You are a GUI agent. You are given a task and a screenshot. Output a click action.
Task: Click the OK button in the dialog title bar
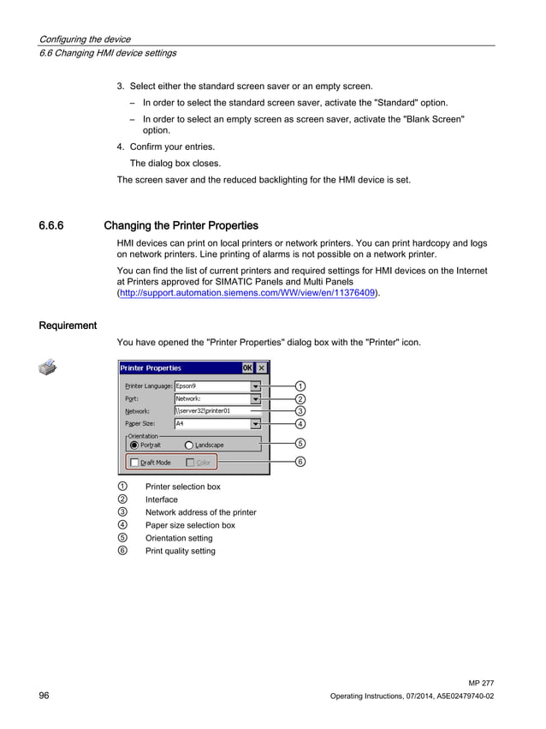[246, 367]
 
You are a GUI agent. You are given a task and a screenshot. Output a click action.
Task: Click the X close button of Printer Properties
[261, 367]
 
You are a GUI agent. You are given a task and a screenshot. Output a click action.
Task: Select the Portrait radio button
[134, 445]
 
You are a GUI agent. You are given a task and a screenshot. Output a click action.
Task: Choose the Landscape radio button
[188, 445]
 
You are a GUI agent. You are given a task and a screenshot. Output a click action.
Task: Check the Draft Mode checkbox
[134, 463]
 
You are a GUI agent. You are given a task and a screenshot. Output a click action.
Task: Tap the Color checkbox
[190, 463]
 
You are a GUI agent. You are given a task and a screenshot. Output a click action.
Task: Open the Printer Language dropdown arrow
[255, 386]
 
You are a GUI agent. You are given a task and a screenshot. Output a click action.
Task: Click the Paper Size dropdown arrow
[255, 423]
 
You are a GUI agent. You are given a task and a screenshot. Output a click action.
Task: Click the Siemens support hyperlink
[247, 293]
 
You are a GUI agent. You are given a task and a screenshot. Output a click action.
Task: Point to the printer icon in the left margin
[48, 368]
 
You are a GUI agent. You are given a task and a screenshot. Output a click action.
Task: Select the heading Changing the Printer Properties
[181, 226]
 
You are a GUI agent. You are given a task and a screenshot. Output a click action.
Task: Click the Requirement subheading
[68, 326]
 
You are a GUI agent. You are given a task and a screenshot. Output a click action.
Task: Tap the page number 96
[44, 696]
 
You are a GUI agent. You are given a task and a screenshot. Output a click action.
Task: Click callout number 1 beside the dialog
[300, 386]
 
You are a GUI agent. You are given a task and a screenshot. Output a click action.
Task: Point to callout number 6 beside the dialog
[300, 462]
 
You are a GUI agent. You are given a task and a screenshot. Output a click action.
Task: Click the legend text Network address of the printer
[200, 512]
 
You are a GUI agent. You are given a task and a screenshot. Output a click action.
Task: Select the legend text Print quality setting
[180, 551]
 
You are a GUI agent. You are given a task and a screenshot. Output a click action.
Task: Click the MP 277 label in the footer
[481, 683]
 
